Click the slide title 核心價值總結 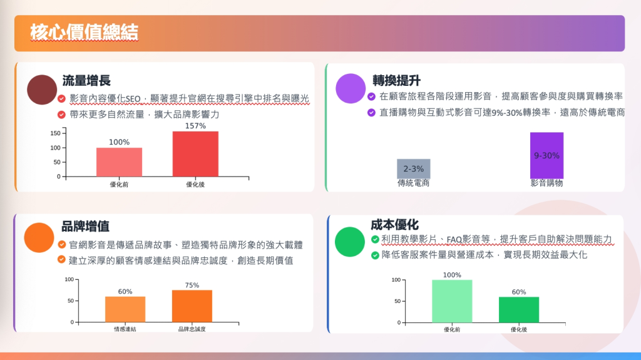click(x=85, y=33)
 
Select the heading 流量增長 click(x=86, y=81)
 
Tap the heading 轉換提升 click(x=396, y=81)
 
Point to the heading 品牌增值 click(x=85, y=226)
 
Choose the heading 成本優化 click(x=394, y=225)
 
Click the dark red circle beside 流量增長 click(x=42, y=90)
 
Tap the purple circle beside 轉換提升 click(x=351, y=88)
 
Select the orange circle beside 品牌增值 click(x=39, y=237)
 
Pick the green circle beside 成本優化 click(x=349, y=242)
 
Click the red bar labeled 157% click(x=195, y=154)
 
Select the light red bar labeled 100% click(x=120, y=162)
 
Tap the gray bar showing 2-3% click(x=413, y=168)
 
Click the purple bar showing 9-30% click(x=546, y=155)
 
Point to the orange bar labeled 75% click(x=192, y=306)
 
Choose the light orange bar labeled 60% click(x=125, y=309)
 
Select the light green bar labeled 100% click(x=452, y=302)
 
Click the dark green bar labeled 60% click(x=519, y=310)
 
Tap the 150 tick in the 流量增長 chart click(x=55, y=133)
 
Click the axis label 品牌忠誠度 click(x=192, y=329)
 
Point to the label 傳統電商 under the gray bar click(x=413, y=183)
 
